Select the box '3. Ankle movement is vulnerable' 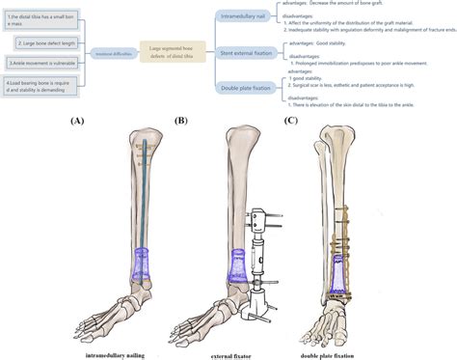point(46,63)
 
